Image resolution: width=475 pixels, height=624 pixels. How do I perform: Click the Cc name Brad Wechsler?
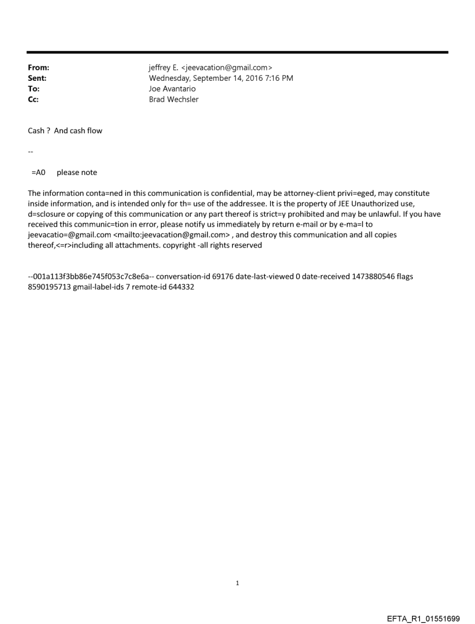tap(173, 99)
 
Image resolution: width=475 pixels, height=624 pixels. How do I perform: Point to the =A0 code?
tap(38, 173)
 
